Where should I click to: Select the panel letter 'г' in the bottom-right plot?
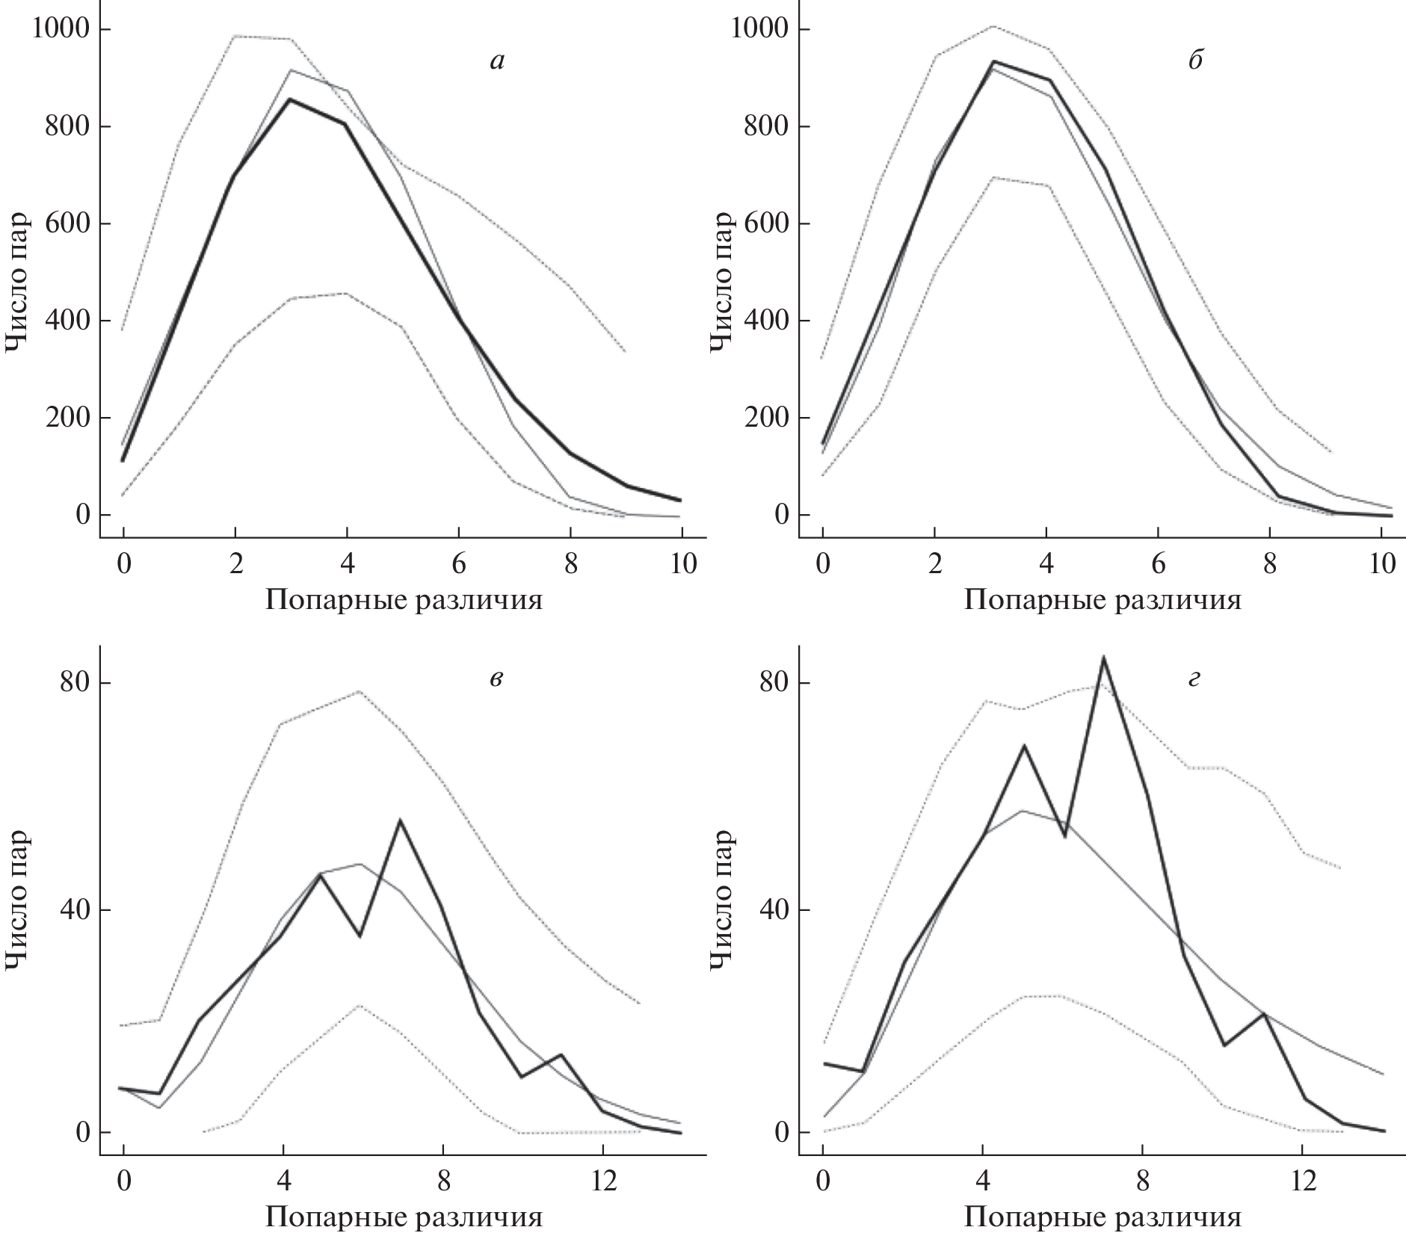click(1194, 679)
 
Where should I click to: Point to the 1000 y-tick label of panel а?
click(62, 30)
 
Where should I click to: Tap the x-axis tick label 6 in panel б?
click(1158, 563)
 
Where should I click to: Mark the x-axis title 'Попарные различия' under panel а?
click(404, 600)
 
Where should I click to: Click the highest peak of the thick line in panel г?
click(1103, 658)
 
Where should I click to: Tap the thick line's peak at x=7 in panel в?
click(400, 821)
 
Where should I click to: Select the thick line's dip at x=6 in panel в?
click(360, 936)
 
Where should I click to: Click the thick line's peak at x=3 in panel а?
click(289, 99)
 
